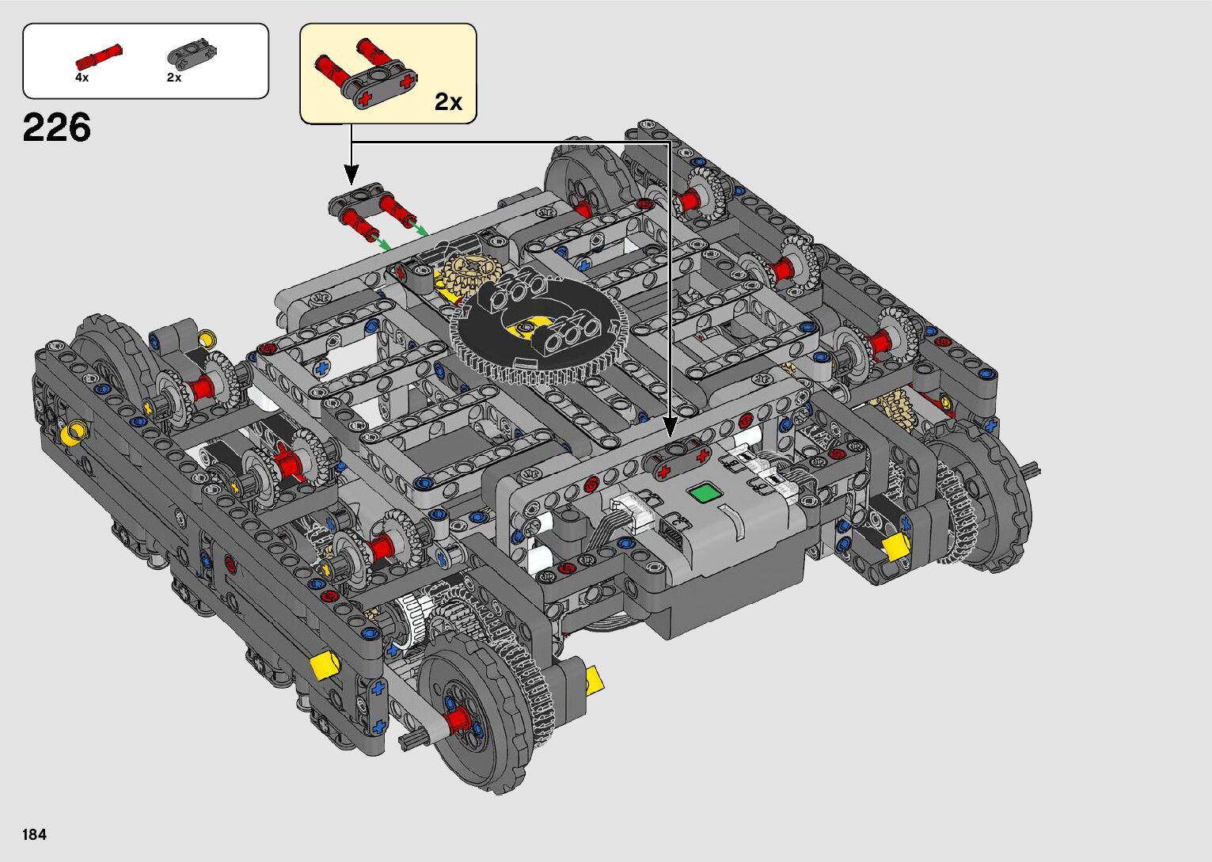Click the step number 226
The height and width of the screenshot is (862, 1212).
coord(57,128)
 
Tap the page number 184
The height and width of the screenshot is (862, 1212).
coord(35,834)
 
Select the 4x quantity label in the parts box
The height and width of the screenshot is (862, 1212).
coord(82,78)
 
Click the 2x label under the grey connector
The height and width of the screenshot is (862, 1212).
coord(173,78)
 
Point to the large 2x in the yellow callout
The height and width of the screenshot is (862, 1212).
coord(449,101)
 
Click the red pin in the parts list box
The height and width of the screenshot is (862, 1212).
coord(98,55)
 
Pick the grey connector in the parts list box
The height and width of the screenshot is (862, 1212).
coord(192,54)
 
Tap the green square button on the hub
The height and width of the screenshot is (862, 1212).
coord(705,493)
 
